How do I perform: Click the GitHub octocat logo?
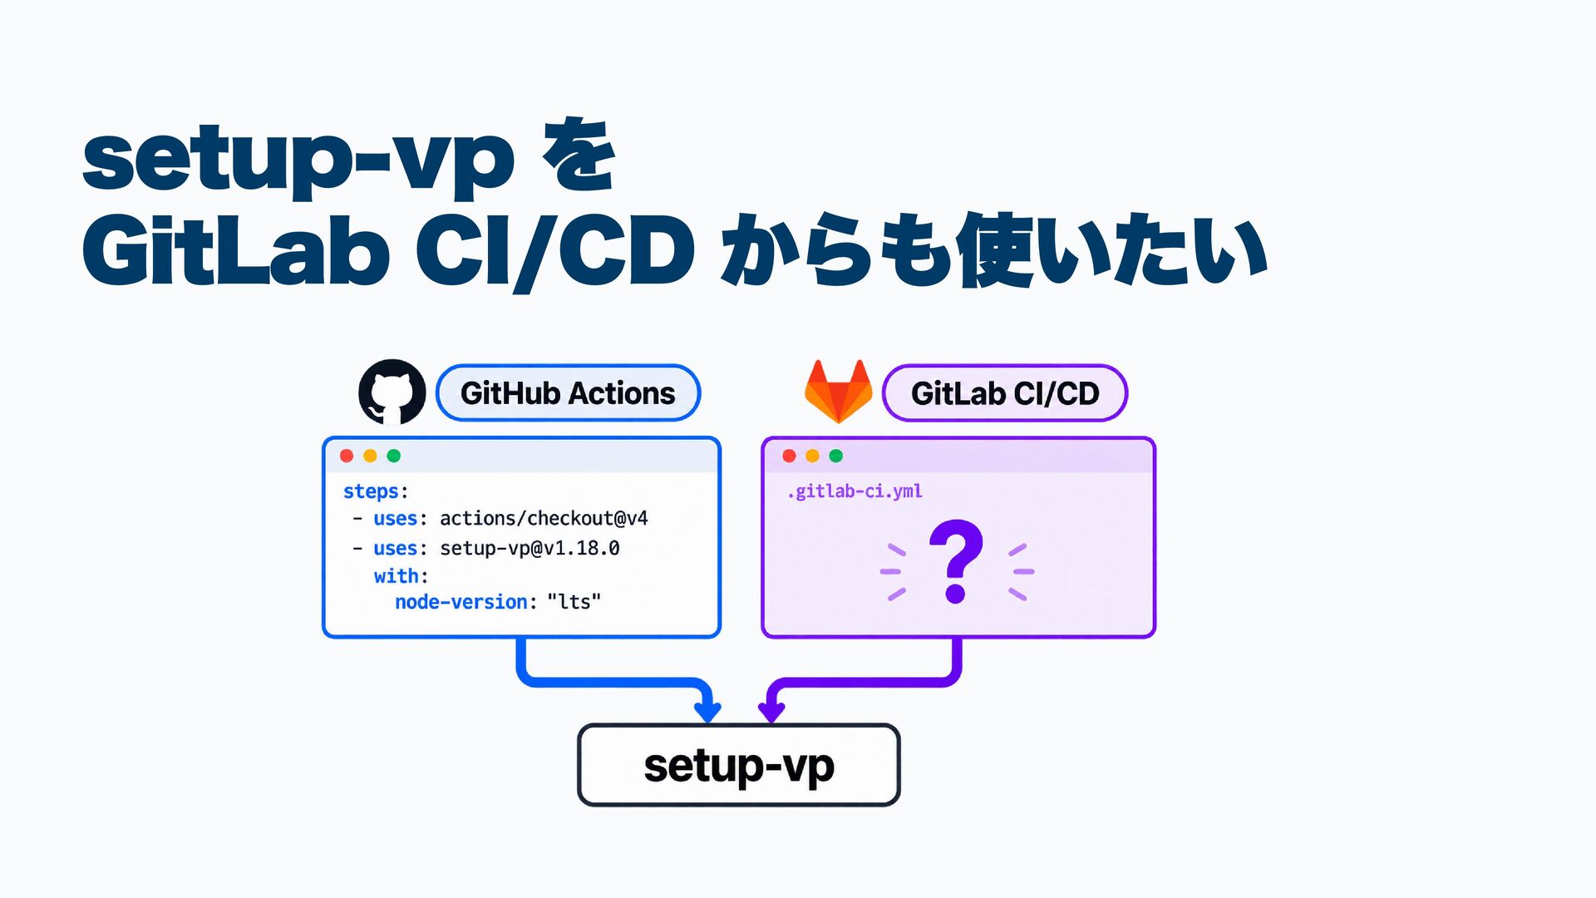[392, 392]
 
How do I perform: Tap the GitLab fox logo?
[838, 392]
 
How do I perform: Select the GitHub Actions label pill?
[568, 393]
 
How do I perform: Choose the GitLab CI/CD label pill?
[1005, 393]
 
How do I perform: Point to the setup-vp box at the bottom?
[739, 765]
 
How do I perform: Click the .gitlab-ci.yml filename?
[855, 491]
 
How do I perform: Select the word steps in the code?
[371, 491]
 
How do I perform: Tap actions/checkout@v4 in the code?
[544, 519]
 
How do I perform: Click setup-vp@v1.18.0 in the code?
[530, 549]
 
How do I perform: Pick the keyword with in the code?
[396, 576]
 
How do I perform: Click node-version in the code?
[461, 602]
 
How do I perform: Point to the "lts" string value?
[574, 602]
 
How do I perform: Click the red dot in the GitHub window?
[347, 456]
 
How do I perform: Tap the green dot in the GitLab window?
[836, 456]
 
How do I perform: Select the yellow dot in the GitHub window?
[370, 456]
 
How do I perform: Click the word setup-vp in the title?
[298, 161]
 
